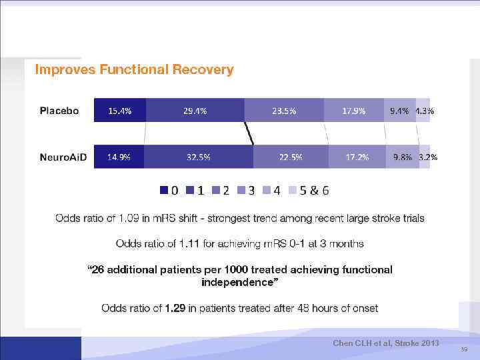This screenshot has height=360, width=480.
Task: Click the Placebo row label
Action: coord(59,111)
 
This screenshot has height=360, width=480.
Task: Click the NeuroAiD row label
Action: coord(63,157)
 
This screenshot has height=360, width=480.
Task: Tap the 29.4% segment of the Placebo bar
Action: coord(195,111)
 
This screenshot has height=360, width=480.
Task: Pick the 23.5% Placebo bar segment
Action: coord(284,111)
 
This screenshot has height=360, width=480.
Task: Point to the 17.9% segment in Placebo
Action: coord(353,111)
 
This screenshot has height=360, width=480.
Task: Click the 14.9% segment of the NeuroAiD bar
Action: coord(119,157)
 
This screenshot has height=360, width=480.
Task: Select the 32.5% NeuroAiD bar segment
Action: coord(199,157)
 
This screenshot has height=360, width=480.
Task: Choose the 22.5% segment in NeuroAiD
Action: coord(291,157)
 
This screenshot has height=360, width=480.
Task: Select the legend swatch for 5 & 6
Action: coord(291,191)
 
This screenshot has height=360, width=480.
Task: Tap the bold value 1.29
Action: coord(177,308)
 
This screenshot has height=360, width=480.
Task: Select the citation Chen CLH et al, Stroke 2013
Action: coord(386,343)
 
